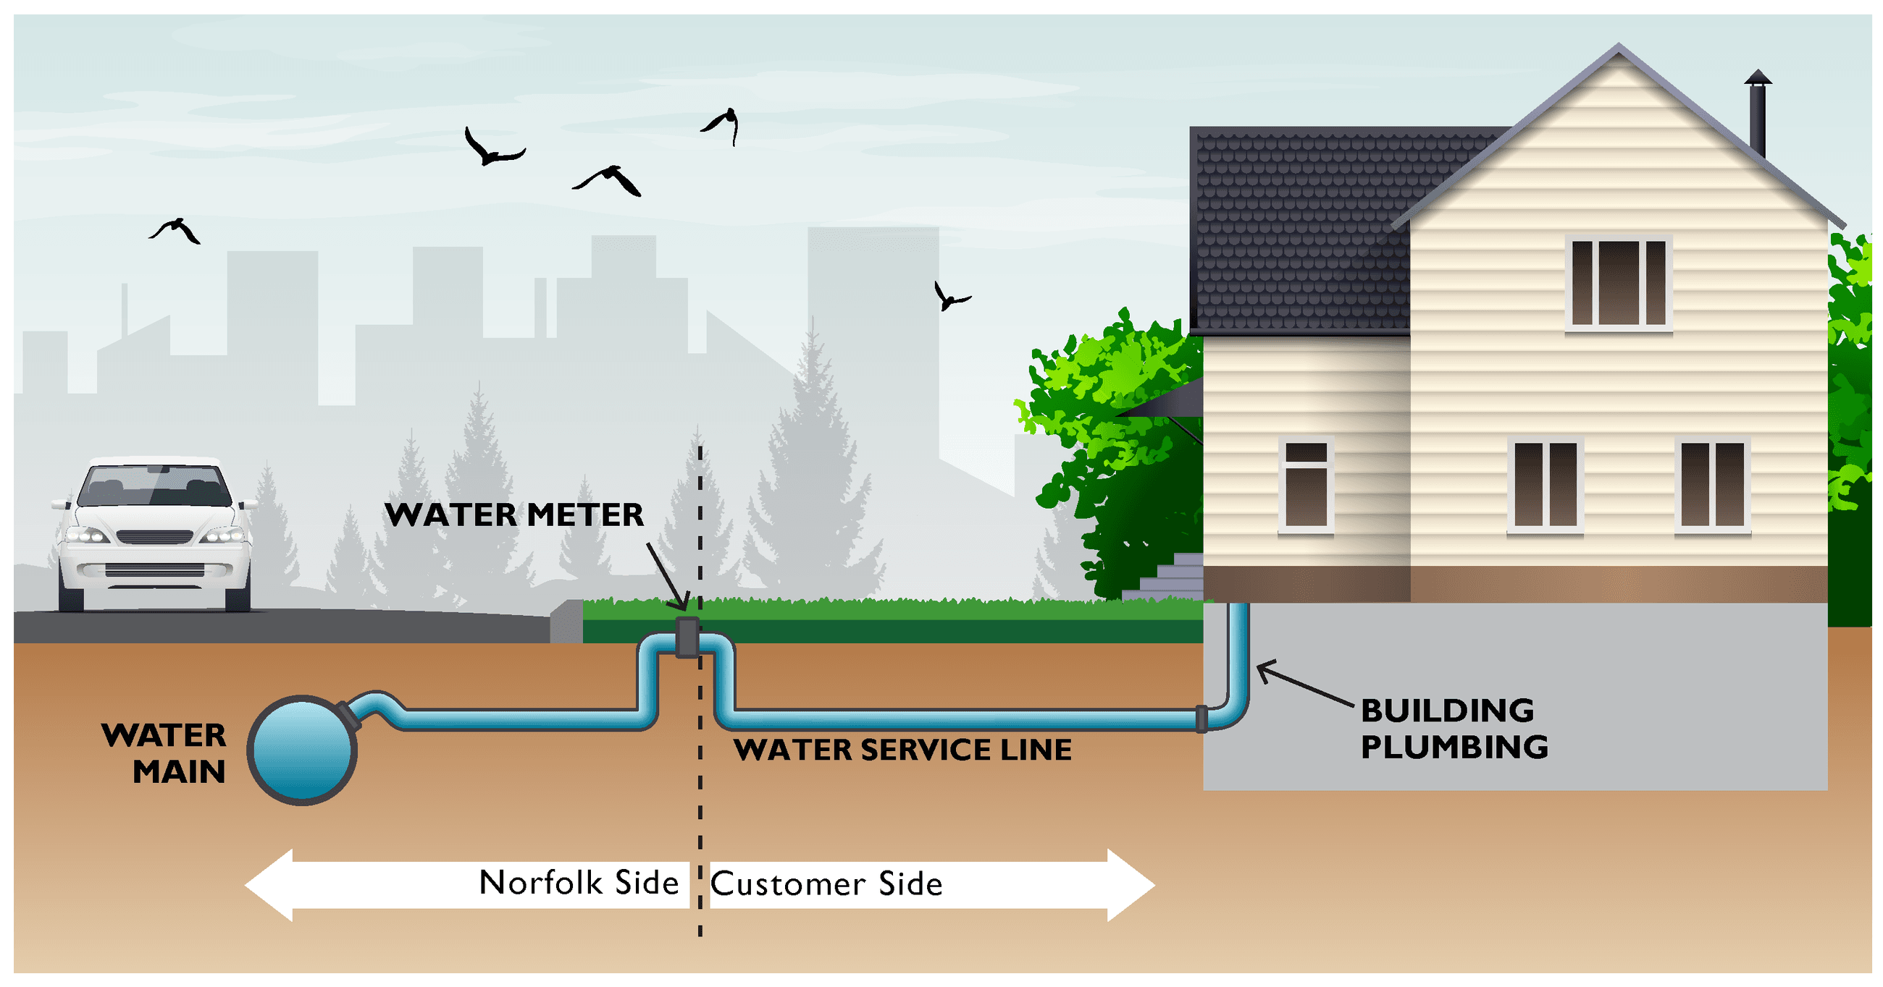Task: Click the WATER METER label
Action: [x=514, y=515]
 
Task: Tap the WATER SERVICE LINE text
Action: [x=903, y=750]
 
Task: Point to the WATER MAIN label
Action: [x=165, y=753]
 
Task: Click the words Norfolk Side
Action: [x=579, y=884]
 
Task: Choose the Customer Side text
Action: [x=827, y=884]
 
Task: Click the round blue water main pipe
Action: [x=303, y=750]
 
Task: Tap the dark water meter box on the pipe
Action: [x=687, y=637]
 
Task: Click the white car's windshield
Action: [x=154, y=485]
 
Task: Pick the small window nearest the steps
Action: [x=1306, y=484]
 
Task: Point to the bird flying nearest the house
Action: [x=950, y=297]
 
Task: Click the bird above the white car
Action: [x=175, y=229]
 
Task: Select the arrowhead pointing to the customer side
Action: [x=1128, y=885]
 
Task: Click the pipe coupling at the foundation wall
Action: [x=1201, y=718]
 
